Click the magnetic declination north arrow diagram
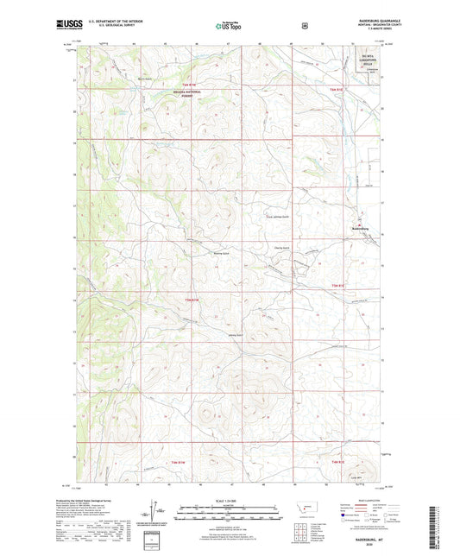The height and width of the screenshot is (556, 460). click(x=160, y=515)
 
